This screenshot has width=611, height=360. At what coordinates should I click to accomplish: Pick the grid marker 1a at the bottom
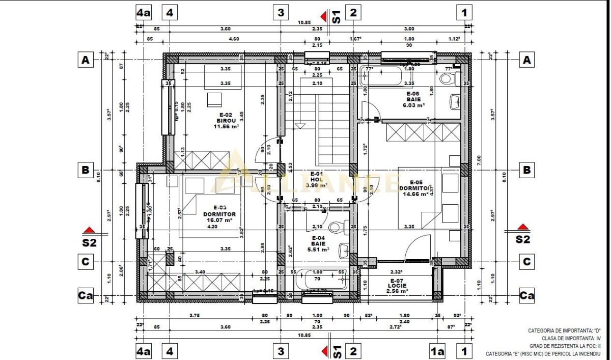point(437,351)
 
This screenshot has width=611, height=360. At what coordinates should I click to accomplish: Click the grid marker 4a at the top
point(144,12)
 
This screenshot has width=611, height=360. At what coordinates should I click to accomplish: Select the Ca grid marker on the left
point(86,295)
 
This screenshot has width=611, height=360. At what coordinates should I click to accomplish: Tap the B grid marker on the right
point(527,170)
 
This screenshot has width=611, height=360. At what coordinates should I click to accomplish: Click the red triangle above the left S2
point(90,230)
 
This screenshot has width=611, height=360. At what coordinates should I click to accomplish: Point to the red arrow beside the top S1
point(323,16)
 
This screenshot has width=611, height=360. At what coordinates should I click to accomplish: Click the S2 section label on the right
point(523,239)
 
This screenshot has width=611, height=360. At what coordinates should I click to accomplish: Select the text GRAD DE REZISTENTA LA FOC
point(565,345)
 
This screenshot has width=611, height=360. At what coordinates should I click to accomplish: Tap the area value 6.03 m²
point(413,105)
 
